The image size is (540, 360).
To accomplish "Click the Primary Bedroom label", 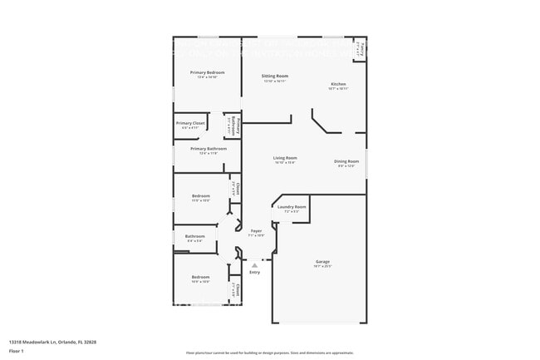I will (x=207, y=72).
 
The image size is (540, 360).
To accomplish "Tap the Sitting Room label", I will (x=275, y=76).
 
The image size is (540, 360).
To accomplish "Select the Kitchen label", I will (x=338, y=84).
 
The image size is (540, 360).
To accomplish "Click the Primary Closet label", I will (x=190, y=123).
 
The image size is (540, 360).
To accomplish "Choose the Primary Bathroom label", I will (x=207, y=149).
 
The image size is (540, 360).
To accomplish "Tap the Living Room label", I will (x=286, y=158).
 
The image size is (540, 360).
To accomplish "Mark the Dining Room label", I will (x=346, y=161).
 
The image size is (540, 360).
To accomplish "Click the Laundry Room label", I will (x=292, y=206).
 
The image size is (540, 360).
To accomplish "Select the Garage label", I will (x=322, y=261).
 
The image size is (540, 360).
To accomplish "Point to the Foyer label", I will (x=257, y=231).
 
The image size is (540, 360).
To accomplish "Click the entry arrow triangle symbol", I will (x=254, y=265).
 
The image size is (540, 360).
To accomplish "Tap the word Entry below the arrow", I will (x=254, y=272).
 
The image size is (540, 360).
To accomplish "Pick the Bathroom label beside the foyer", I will (x=194, y=236).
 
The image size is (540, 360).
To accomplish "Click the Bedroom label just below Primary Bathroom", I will (x=200, y=195).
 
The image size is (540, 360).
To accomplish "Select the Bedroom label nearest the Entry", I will (x=200, y=277).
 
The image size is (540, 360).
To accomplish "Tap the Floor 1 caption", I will (x=17, y=352).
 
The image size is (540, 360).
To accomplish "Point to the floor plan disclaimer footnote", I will (x=269, y=353).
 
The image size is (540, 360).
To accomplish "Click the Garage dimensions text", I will (x=322, y=266).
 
